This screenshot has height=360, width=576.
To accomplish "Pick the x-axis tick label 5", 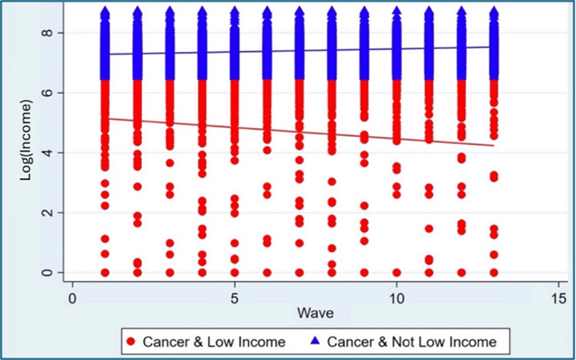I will coord(234,297).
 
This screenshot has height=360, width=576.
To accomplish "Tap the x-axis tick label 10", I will coord(396,297).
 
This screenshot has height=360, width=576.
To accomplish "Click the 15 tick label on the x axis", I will coord(558,297).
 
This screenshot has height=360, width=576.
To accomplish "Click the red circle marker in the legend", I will coord(131,342).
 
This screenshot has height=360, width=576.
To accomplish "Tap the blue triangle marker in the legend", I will coord(315,342).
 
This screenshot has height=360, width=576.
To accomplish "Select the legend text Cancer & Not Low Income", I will coord(411,342).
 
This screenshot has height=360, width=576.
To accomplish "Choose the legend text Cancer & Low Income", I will coord(214,342).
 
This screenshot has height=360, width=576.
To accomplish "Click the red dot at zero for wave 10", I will coord(397,273).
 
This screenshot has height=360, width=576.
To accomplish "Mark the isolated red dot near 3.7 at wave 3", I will coord(170,162).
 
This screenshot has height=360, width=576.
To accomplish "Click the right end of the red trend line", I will coord(494,145).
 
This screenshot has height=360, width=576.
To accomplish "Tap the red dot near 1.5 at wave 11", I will coord(429,229).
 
